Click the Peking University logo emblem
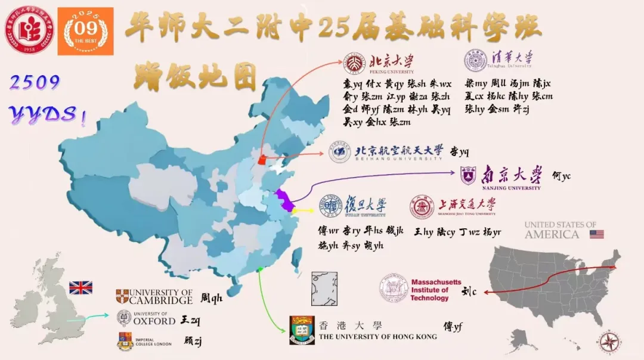click(x=354, y=63)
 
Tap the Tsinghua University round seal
click(x=475, y=61)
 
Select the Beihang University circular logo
click(x=339, y=152)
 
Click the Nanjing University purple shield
click(x=468, y=175)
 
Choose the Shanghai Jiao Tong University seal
click(x=422, y=206)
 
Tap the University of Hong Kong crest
click(x=302, y=330)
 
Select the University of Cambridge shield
click(x=122, y=296)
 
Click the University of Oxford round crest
click(x=124, y=318)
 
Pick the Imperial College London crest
click(x=124, y=342)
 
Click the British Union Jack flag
click(x=80, y=288)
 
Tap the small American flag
click(x=596, y=234)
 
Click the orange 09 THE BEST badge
click(x=85, y=31)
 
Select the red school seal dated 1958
click(x=29, y=29)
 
